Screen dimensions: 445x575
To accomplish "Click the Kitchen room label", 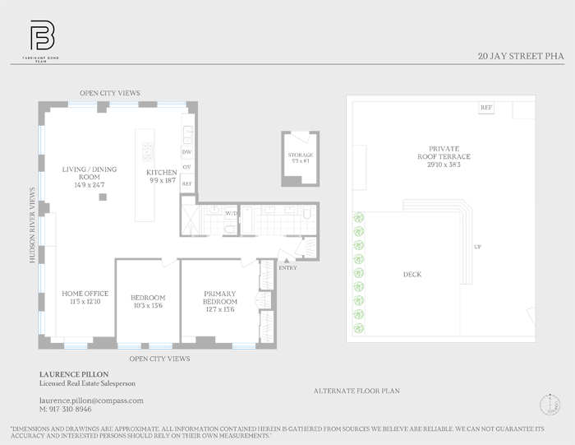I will (x=162, y=178).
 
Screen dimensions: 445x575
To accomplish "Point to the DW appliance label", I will (x=186, y=152).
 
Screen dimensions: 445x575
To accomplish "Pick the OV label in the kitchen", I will (x=186, y=168).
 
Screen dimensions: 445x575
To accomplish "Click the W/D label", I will (x=231, y=214).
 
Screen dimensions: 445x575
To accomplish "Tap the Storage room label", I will (x=300, y=158).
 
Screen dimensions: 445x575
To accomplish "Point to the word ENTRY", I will (x=288, y=268).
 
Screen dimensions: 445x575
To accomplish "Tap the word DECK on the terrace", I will (x=412, y=275).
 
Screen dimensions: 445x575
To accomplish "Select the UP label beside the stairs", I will (x=477, y=247).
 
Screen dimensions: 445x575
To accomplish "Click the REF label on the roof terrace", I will (x=485, y=108).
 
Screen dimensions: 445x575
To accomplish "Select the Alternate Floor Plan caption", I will (x=356, y=391).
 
